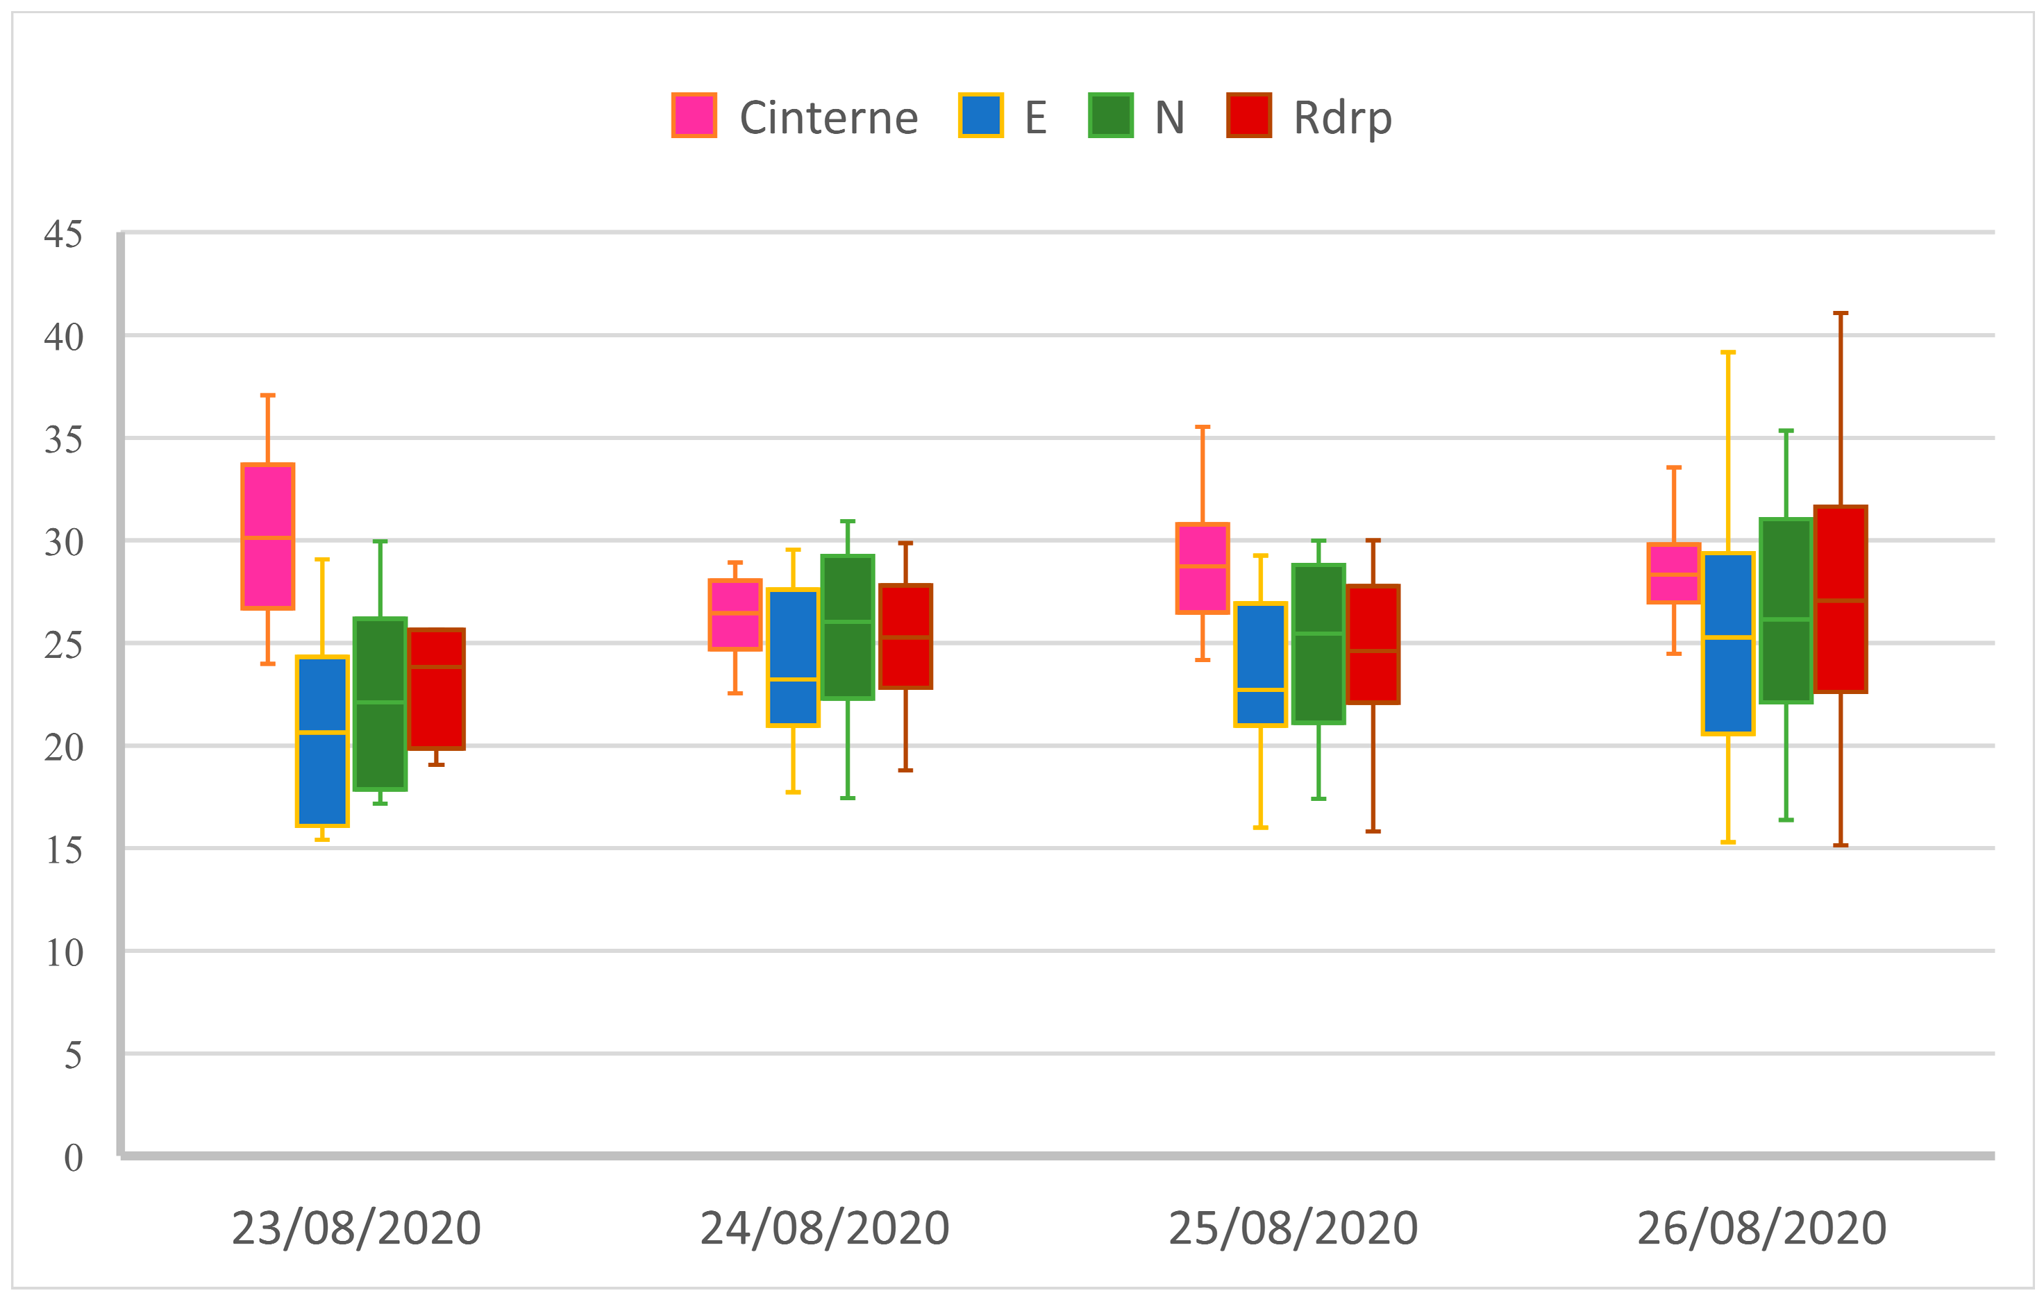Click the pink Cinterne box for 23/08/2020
pyautogui.click(x=267, y=536)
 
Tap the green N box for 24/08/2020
pyautogui.click(x=847, y=627)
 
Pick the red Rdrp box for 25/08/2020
pyautogui.click(x=1373, y=644)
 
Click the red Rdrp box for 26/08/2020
pyautogui.click(x=1841, y=599)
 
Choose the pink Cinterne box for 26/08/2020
pyautogui.click(x=1673, y=573)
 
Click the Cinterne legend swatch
pyautogui.click(x=694, y=115)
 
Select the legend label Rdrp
pyautogui.click(x=1342, y=117)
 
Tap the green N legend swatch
pyautogui.click(x=1110, y=115)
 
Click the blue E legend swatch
pyautogui.click(x=980, y=115)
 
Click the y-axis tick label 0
pyautogui.click(x=73, y=1157)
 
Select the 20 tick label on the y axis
pyautogui.click(x=64, y=747)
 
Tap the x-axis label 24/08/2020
pyautogui.click(x=824, y=1228)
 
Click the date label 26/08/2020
pyautogui.click(x=1761, y=1228)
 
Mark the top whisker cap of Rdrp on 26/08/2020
pyautogui.click(x=1841, y=313)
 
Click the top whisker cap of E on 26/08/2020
pyautogui.click(x=1727, y=351)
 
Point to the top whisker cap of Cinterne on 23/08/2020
pyautogui.click(x=267, y=395)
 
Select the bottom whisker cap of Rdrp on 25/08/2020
pyautogui.click(x=1373, y=831)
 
